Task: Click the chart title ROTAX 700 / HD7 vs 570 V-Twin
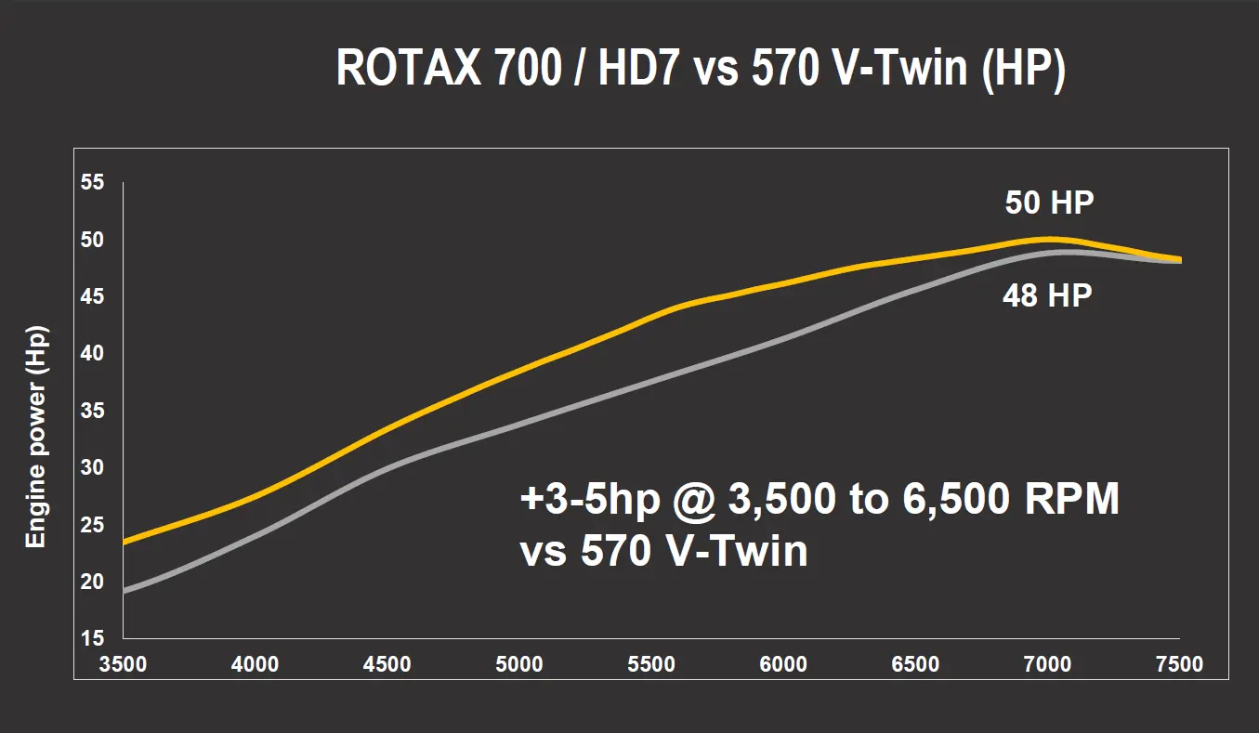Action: pyautogui.click(x=700, y=68)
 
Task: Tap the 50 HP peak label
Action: pyautogui.click(x=1047, y=203)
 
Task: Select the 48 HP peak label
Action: pyautogui.click(x=1047, y=296)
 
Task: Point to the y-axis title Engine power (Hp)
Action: pyautogui.click(x=35, y=436)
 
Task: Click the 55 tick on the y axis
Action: pyautogui.click(x=93, y=183)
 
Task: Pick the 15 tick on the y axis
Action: pyautogui.click(x=93, y=638)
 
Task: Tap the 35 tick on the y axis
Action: pyautogui.click(x=93, y=411)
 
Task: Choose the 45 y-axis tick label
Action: pyautogui.click(x=93, y=297)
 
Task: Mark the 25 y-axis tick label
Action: pyautogui.click(x=93, y=525)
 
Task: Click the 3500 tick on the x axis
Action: pyautogui.click(x=123, y=664)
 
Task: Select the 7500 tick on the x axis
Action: pyautogui.click(x=1179, y=664)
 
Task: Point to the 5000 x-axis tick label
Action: pyautogui.click(x=519, y=664)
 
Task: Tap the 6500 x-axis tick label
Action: pyautogui.click(x=915, y=664)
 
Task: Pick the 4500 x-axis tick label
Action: pyautogui.click(x=387, y=664)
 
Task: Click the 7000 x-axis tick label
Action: pyautogui.click(x=1047, y=664)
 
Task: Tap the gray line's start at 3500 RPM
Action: pyautogui.click(x=125, y=590)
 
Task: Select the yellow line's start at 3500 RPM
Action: pyautogui.click(x=125, y=541)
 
